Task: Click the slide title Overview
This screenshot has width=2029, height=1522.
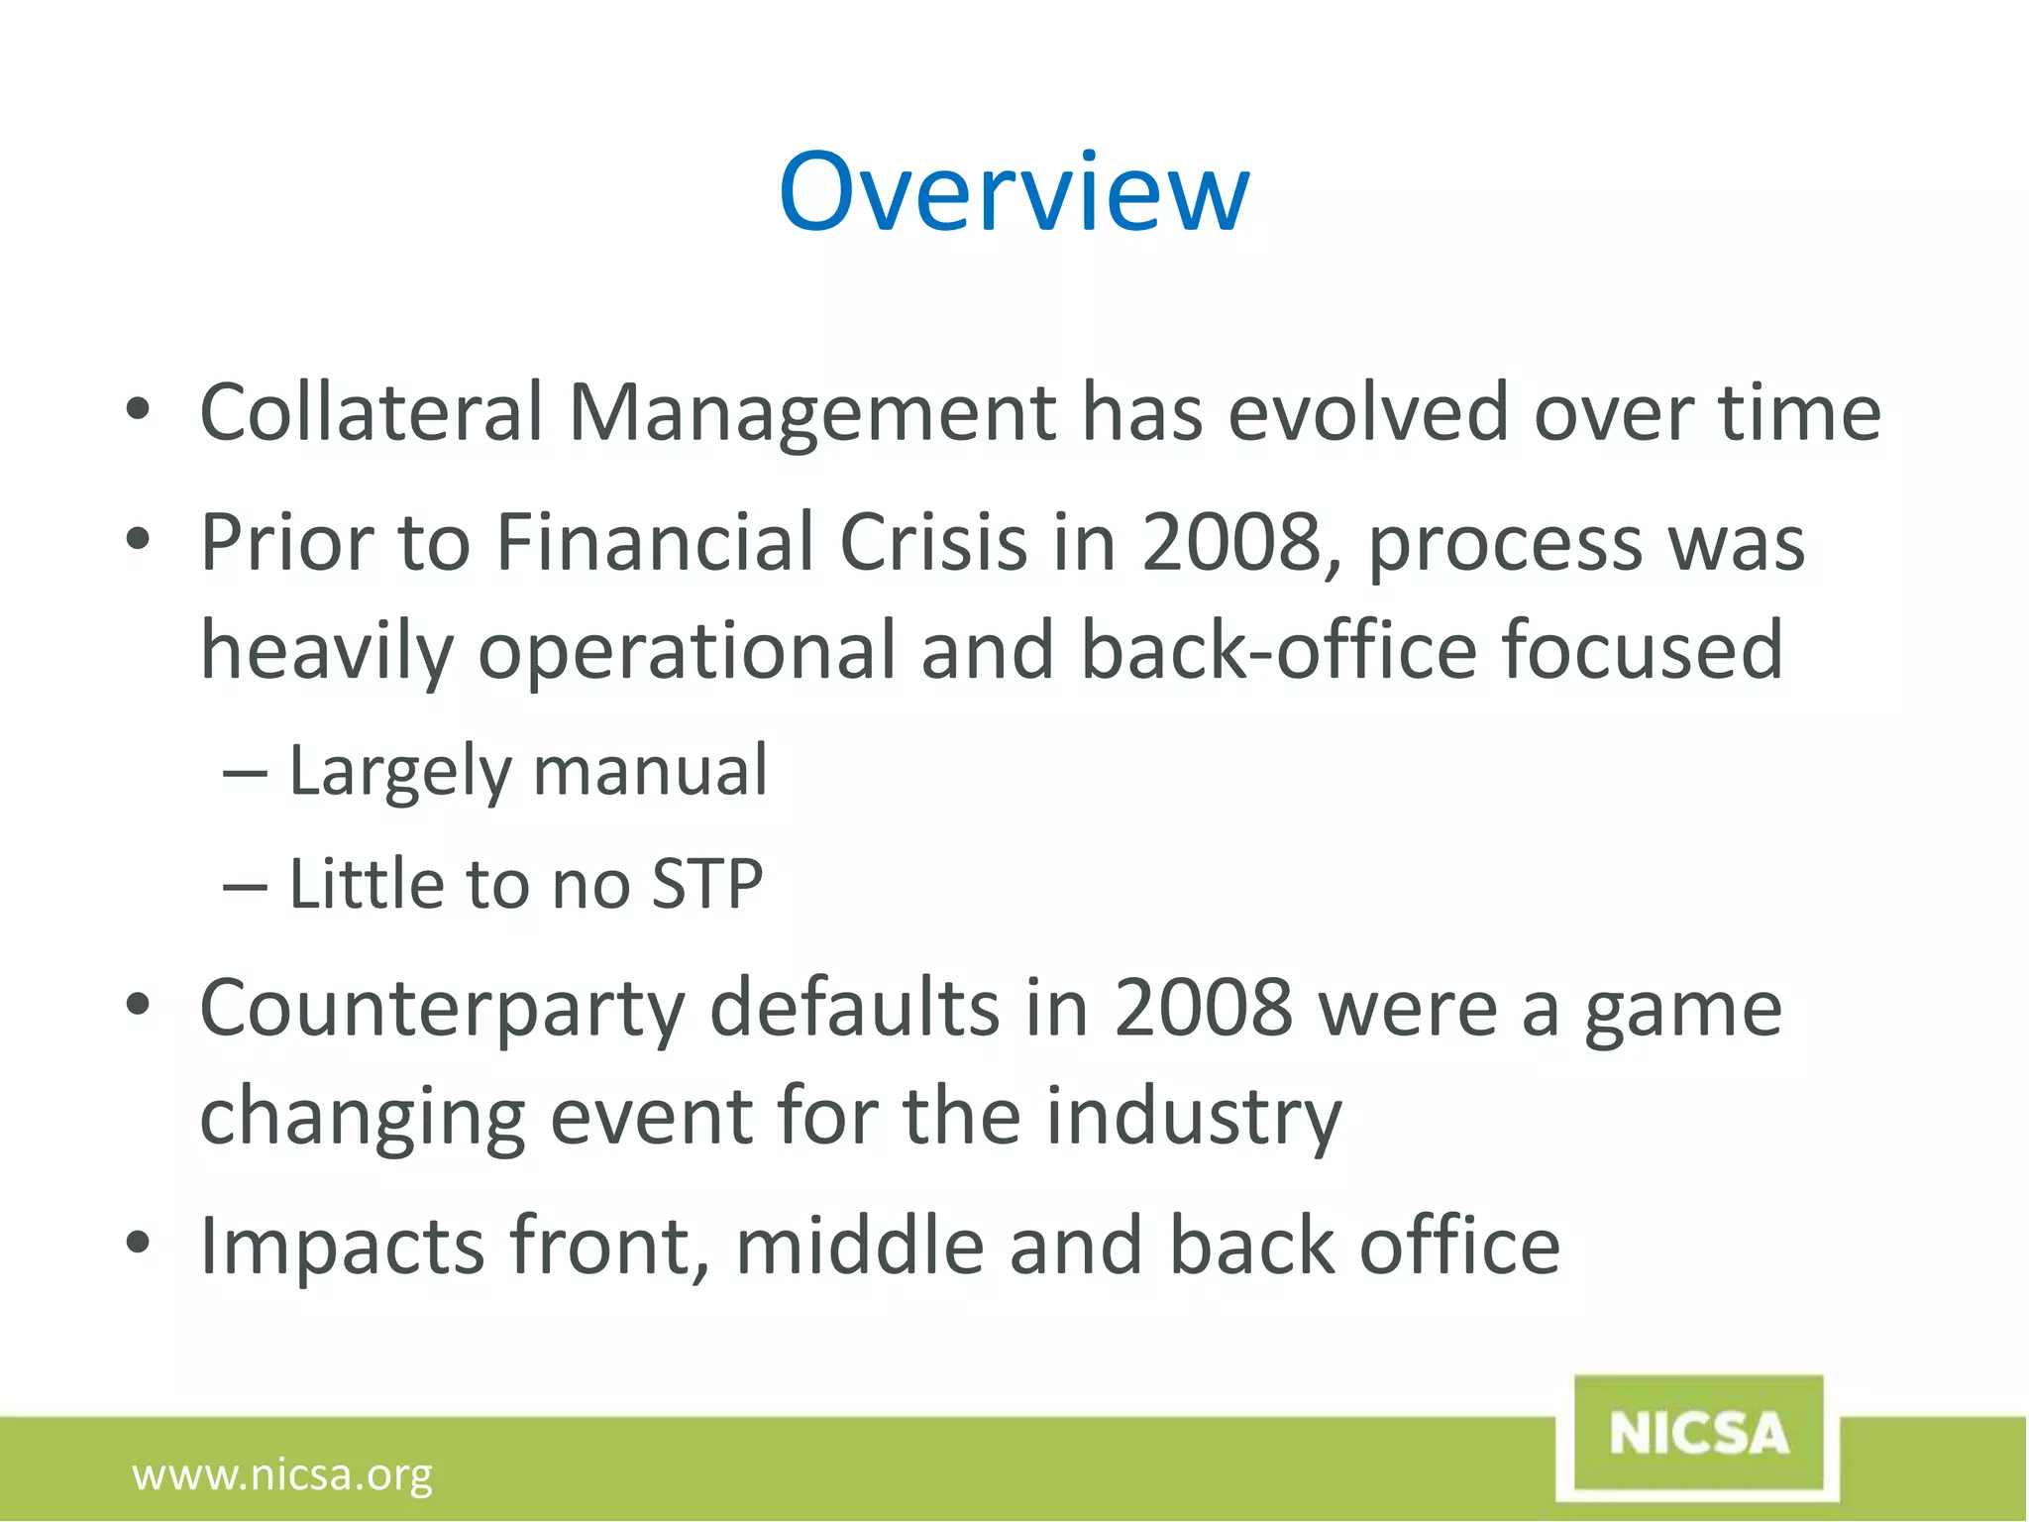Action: point(1014,192)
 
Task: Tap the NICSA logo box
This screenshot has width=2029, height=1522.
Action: point(1698,1434)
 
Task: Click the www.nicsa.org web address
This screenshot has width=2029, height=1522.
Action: point(282,1474)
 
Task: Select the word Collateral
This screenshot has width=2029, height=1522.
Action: point(372,412)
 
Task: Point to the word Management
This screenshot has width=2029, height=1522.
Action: point(812,414)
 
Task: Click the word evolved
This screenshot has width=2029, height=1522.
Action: point(1368,412)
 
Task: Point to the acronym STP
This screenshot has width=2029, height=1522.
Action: point(707,884)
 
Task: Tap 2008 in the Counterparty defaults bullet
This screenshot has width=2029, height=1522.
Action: point(1204,1009)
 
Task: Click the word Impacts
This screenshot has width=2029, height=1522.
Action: point(342,1248)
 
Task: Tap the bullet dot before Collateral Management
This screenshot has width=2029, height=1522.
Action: point(138,408)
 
